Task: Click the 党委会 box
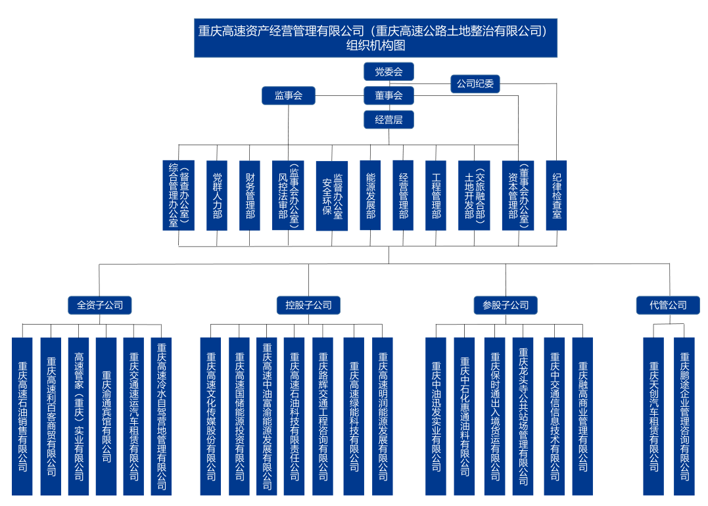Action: pyautogui.click(x=389, y=72)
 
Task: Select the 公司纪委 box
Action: pyautogui.click(x=475, y=83)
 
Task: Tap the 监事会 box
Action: pyautogui.click(x=289, y=95)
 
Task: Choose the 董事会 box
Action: pyautogui.click(x=389, y=95)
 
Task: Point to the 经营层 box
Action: pyautogui.click(x=389, y=119)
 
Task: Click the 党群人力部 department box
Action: pyautogui.click(x=217, y=195)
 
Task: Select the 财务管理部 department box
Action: pyautogui.click(x=250, y=195)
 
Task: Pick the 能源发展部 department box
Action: pyautogui.click(x=371, y=195)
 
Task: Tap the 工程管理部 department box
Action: pyautogui.click(x=436, y=195)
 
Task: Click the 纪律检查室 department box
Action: pyautogui.click(x=556, y=195)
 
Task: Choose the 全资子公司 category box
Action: pyautogui.click(x=100, y=305)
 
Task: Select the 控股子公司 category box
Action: pyautogui.click(x=308, y=305)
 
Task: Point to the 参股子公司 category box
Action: pyautogui.click(x=506, y=305)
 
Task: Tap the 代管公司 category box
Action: pyautogui.click(x=668, y=305)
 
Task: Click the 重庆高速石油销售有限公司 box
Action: pyautogui.click(x=22, y=416)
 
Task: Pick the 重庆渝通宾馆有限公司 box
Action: pyautogui.click(x=106, y=416)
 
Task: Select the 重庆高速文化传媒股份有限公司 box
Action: pyautogui.click(x=211, y=416)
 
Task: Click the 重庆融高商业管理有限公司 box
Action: pyautogui.click(x=582, y=416)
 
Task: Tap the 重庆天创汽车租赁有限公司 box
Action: pyautogui.click(x=653, y=416)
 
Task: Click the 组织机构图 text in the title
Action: pyautogui.click(x=375, y=45)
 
